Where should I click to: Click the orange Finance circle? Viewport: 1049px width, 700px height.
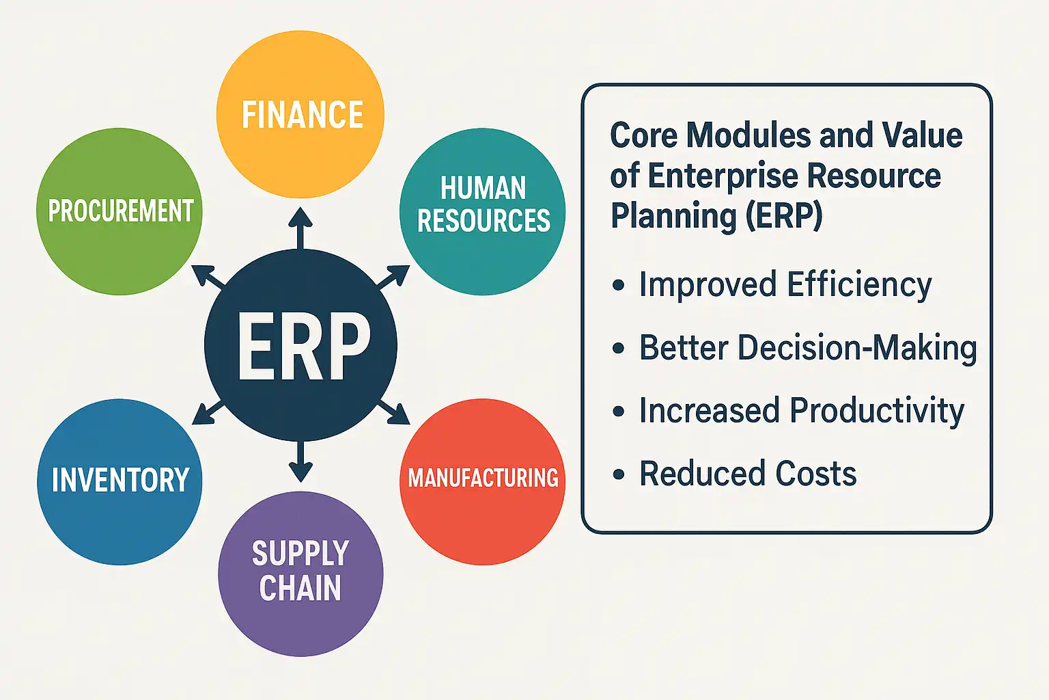click(300, 114)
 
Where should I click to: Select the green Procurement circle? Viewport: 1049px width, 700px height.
click(120, 211)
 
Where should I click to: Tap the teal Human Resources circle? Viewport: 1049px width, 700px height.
click(482, 211)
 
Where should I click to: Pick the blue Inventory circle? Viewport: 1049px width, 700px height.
click(120, 482)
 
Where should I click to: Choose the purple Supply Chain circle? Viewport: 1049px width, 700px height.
click(300, 574)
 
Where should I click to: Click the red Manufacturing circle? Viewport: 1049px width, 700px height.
click(482, 482)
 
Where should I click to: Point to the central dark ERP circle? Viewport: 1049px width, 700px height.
click(300, 345)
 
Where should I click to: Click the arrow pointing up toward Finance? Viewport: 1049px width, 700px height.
click(300, 229)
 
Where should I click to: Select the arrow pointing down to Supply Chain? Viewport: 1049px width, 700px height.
click(300, 461)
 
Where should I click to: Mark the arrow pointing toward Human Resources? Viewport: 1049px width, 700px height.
click(393, 276)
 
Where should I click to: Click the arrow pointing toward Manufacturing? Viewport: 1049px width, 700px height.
click(393, 413)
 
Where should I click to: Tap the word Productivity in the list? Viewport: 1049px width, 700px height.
click(877, 412)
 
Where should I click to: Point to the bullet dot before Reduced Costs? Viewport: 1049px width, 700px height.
click(618, 474)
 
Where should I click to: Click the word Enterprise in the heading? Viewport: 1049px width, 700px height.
click(722, 176)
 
